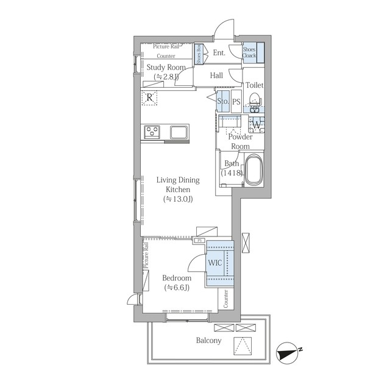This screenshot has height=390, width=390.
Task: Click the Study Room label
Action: pos(166,68)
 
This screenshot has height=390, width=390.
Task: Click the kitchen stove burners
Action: pos(152,131)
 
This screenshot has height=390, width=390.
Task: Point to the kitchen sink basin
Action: pos(179,132)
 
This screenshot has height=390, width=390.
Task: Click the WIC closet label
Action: pos(214,263)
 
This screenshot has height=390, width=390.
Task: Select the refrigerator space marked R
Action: pos(149,97)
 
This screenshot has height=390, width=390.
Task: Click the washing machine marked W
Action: pos(257,124)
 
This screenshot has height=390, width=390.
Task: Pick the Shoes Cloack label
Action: pos(249,52)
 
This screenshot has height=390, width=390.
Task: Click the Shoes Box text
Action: pos(199,54)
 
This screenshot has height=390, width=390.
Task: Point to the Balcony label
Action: pos(208,341)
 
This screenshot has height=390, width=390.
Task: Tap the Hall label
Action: pos(216,76)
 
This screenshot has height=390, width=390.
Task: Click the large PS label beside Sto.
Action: pos(236,102)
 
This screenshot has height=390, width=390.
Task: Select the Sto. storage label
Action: pos(223,101)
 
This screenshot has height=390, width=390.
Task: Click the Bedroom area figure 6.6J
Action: pos(177,288)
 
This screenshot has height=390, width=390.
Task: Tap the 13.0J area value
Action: pos(178,199)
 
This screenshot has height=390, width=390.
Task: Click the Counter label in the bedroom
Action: pos(226,299)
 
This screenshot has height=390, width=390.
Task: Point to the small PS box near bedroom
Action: pos(199,241)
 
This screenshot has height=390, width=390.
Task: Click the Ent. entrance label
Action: pos(219,53)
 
